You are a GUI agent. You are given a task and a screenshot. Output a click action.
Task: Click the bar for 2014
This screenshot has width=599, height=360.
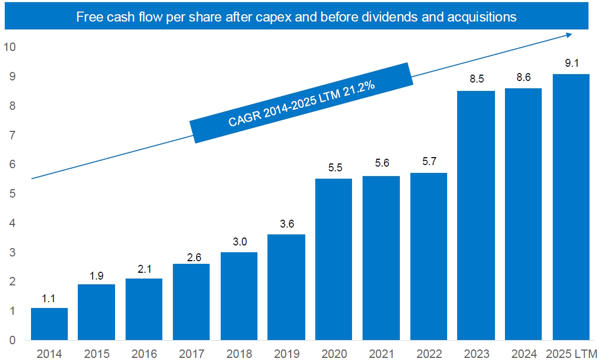[x=49, y=324]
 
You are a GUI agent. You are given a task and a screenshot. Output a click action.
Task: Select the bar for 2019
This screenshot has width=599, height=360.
[x=286, y=287]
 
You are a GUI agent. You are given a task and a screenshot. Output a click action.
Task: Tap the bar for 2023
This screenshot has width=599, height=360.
[x=476, y=215]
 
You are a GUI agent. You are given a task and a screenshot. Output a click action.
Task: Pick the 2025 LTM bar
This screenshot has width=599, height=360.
[x=571, y=207]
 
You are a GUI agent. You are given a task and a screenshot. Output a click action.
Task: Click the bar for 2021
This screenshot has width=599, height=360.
[x=381, y=258]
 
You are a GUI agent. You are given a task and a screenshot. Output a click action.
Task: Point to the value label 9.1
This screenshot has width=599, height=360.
[x=571, y=64]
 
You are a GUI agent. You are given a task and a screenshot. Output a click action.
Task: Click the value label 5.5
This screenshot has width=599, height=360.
[x=334, y=169]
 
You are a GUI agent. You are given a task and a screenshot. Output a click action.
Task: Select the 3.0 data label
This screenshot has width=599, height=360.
[x=239, y=242]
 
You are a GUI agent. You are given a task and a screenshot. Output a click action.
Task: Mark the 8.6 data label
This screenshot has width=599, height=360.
[x=523, y=78]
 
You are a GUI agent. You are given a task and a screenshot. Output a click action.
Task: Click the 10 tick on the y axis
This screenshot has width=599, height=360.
[x=10, y=47]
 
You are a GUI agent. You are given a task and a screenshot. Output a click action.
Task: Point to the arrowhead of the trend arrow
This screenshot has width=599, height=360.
[x=570, y=35]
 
